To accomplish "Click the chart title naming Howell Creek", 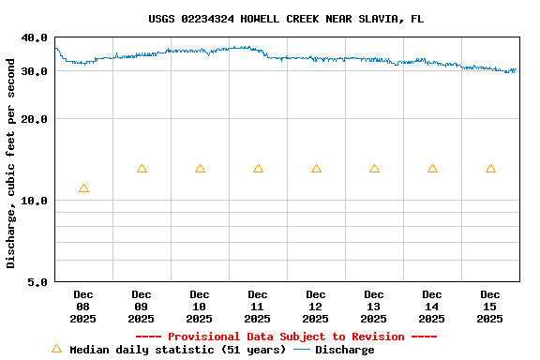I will pos(285,19).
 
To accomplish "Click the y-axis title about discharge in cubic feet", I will pos(11,163).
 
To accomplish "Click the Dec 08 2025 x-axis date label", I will pos(83,307).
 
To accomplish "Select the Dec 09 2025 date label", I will pos(142,307).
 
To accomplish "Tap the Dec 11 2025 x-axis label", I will pos(258,307).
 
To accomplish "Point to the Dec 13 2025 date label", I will pos(374,307).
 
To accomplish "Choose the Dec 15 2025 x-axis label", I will pos(490,307).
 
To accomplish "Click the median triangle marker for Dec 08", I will pos(83,188).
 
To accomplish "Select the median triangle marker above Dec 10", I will pos(200,169).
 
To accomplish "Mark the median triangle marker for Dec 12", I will pos(316,169).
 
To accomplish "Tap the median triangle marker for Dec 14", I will pos(432,169).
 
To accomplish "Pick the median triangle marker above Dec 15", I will pos(490,169).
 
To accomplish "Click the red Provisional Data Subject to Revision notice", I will pos(286,337).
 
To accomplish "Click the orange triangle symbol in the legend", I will pos(56,349).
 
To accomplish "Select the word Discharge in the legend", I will pos(344,350).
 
